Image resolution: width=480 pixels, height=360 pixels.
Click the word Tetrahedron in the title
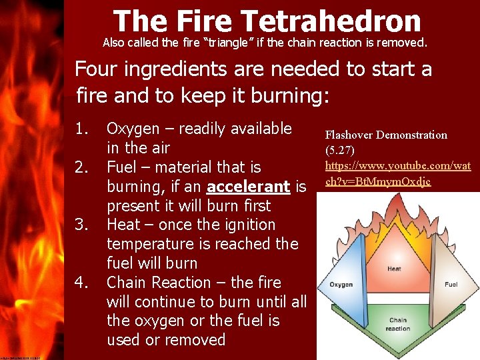click(x=340, y=21)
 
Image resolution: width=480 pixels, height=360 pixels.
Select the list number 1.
click(x=81, y=129)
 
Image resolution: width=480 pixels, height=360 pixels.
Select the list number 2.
click(x=81, y=167)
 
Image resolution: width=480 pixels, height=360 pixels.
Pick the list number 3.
click(x=81, y=225)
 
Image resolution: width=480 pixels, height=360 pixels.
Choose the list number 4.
click(x=81, y=283)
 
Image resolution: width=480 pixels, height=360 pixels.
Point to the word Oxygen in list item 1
click(x=133, y=129)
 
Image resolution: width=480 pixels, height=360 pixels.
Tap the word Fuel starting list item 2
click(x=121, y=167)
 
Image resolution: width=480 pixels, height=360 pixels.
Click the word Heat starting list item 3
click(x=123, y=225)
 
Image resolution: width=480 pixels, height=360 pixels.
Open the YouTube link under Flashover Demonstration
click(x=397, y=172)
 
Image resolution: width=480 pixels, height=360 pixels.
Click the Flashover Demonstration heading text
click(x=386, y=135)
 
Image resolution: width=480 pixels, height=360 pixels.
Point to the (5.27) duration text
click(x=340, y=150)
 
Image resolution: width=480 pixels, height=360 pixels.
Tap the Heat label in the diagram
click(x=394, y=269)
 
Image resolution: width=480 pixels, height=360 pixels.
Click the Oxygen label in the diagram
click(x=341, y=285)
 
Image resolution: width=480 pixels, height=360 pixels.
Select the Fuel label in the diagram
click(x=451, y=285)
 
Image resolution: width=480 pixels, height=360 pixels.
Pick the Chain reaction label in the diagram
click(x=399, y=324)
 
